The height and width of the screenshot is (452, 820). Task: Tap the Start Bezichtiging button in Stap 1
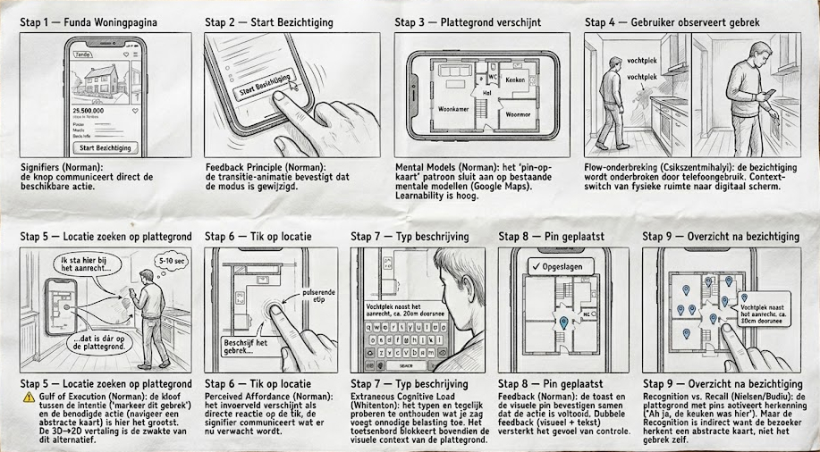(x=105, y=147)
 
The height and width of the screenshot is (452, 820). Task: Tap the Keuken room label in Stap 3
(x=514, y=80)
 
